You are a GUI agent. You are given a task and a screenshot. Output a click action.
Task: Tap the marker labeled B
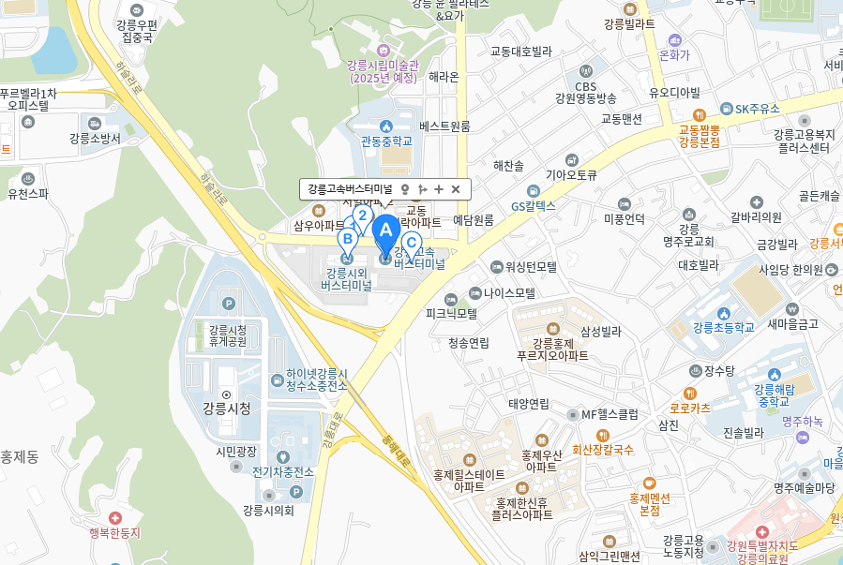[x=347, y=239]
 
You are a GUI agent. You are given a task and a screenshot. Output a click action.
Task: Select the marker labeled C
[x=410, y=243]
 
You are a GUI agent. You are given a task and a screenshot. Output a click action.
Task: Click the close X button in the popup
[x=456, y=189]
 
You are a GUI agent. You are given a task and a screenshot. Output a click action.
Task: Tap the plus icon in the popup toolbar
[x=439, y=189]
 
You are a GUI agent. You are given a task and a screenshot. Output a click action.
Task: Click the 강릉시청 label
[x=226, y=408]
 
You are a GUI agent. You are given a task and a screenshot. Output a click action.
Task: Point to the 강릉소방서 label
[x=95, y=138]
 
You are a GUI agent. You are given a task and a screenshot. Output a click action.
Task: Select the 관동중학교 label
[x=386, y=141]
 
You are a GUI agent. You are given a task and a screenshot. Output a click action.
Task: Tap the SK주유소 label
[x=757, y=109]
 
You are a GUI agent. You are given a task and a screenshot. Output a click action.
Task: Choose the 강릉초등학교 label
[x=723, y=327]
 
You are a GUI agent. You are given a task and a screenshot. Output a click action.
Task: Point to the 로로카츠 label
[x=689, y=408]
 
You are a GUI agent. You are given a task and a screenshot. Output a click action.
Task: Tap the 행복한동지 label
[x=114, y=532]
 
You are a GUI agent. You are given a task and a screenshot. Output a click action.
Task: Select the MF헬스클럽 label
[x=610, y=414]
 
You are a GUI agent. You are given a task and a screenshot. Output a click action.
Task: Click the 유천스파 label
[x=28, y=194]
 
